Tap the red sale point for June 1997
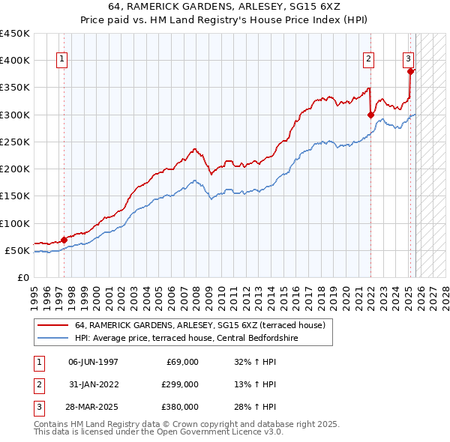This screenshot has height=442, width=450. tap(64, 240)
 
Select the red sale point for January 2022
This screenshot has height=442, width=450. tap(370, 115)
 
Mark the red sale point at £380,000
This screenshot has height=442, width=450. tap(410, 71)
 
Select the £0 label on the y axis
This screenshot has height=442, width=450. tap(22, 277)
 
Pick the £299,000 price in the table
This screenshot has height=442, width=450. tap(179, 384)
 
